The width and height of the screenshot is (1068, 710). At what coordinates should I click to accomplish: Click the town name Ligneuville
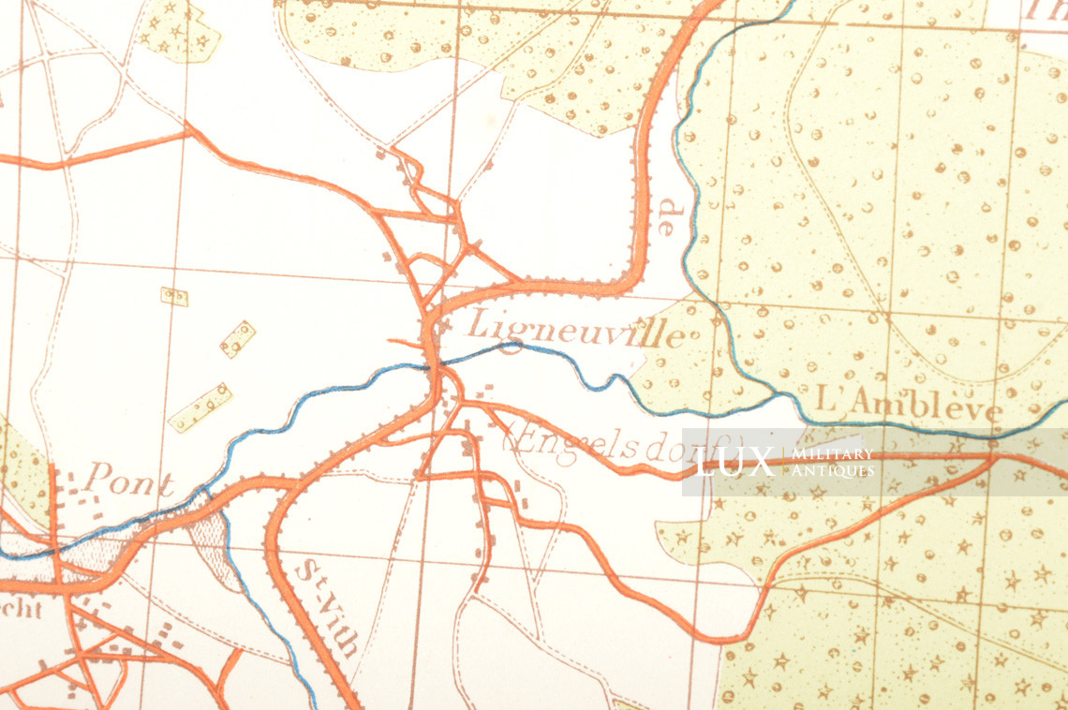tap(575, 328)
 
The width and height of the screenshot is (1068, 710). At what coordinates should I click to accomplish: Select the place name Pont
tap(128, 482)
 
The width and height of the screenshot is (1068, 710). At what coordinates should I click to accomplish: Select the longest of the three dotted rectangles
tap(200, 407)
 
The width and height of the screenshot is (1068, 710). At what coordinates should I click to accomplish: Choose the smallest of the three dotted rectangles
tap(174, 297)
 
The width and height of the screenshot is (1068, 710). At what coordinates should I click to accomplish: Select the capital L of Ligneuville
tap(477, 324)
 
